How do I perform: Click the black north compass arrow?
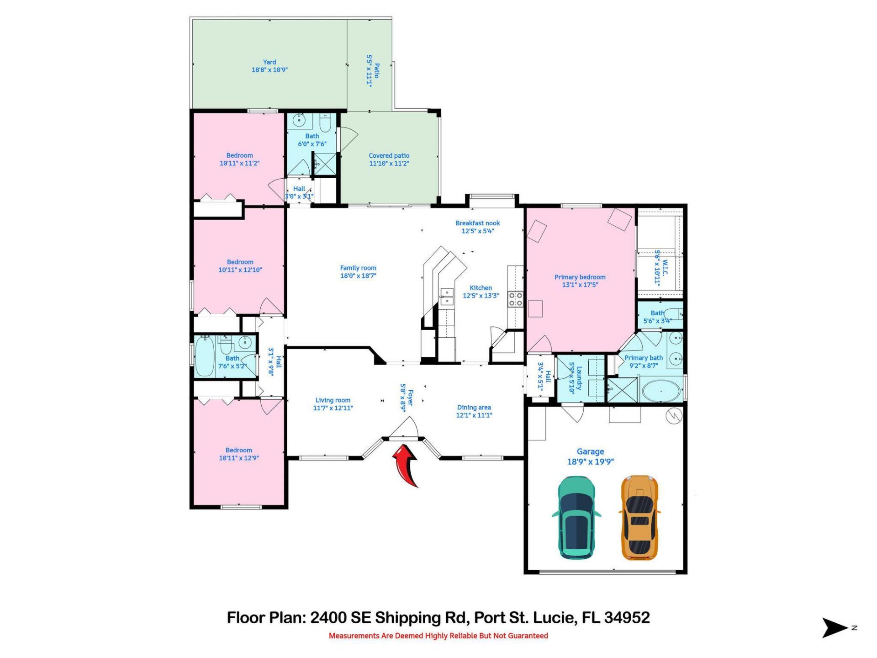[834, 628]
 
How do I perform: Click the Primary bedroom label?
[580, 281]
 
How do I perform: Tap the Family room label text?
[358, 272]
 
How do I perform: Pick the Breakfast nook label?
[477, 227]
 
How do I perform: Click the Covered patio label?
[389, 159]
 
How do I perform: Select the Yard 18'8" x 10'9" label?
[269, 66]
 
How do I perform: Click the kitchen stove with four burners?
[516, 299]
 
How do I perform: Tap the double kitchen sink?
[446, 297]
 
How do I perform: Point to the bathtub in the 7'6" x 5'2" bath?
[204, 357]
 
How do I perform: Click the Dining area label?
[474, 411]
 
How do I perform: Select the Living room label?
[333, 404]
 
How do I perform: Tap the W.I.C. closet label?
[661, 267]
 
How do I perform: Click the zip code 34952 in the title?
[627, 618]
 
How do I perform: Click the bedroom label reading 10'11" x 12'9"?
[239, 454]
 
